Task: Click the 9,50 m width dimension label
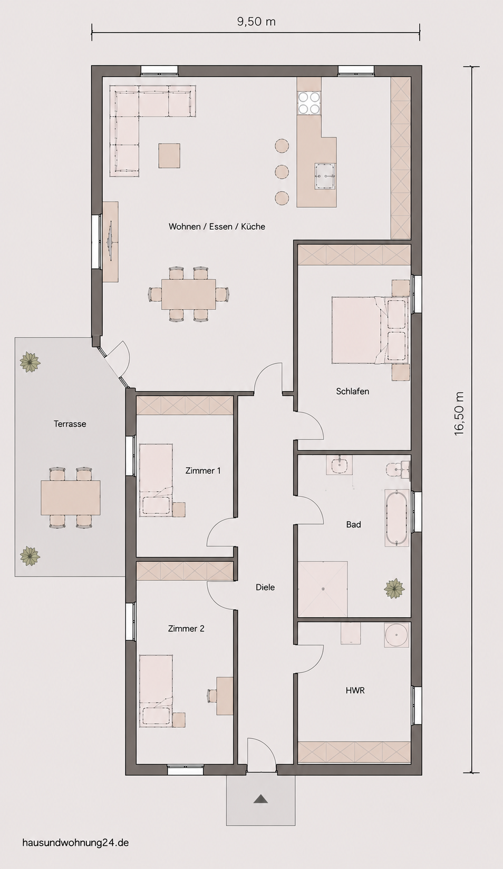256,22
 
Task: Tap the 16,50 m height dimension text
460,414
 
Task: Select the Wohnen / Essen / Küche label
217,227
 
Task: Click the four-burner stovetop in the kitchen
309,102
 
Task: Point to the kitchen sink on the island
325,175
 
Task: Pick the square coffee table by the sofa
169,155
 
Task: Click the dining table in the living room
189,294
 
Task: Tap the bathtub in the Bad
396,518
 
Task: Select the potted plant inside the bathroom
394,588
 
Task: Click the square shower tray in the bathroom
323,589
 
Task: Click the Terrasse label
70,424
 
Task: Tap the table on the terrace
71,497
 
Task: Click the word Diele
265,588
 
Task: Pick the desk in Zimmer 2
225,696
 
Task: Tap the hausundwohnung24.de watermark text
76,843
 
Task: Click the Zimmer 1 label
203,471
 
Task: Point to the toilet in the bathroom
398,468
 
